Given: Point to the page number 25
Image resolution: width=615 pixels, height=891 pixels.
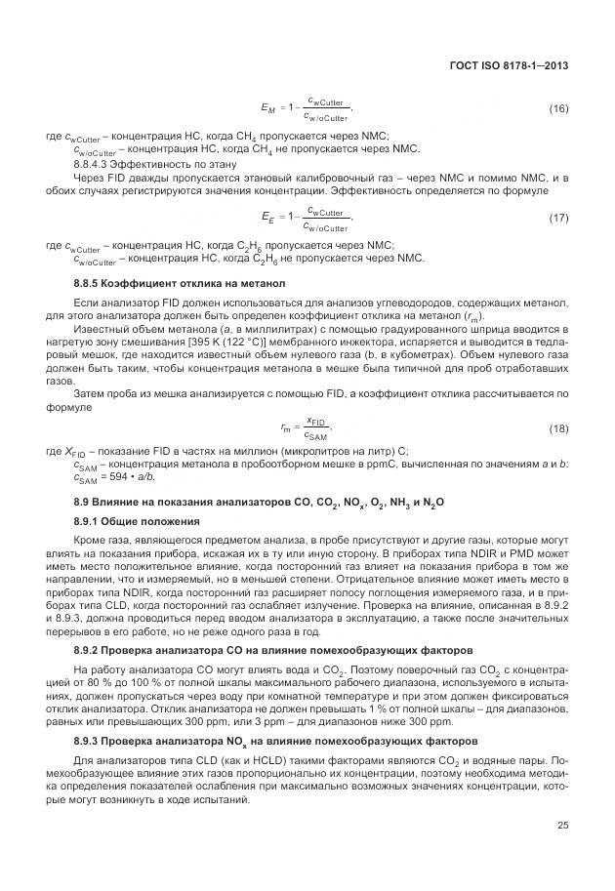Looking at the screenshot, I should (x=562, y=826).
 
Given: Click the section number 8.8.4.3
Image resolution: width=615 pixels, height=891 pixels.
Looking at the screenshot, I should (x=95, y=165).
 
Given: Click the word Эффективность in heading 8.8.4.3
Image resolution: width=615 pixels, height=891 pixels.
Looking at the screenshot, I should (x=153, y=165).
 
